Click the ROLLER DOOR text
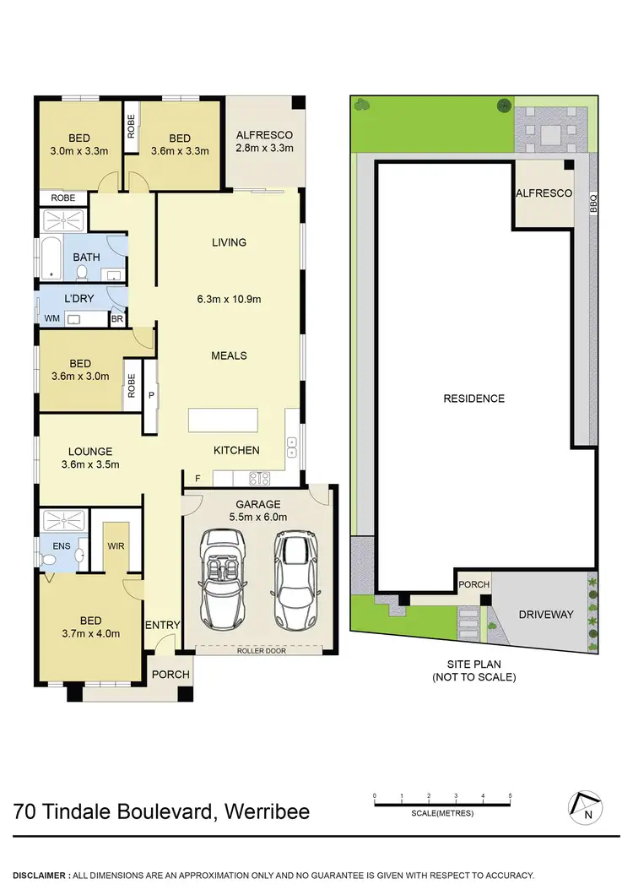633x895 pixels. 259,650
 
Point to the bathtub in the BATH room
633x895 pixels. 51,258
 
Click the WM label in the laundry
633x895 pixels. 51,318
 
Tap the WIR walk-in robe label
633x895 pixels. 116,545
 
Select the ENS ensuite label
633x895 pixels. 62,545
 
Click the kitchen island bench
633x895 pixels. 236,420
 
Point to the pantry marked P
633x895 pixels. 152,394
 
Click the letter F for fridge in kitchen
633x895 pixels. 197,479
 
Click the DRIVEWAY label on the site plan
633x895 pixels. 546,614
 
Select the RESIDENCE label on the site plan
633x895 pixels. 473,399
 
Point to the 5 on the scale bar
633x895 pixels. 510,796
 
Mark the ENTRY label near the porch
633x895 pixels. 162,625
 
